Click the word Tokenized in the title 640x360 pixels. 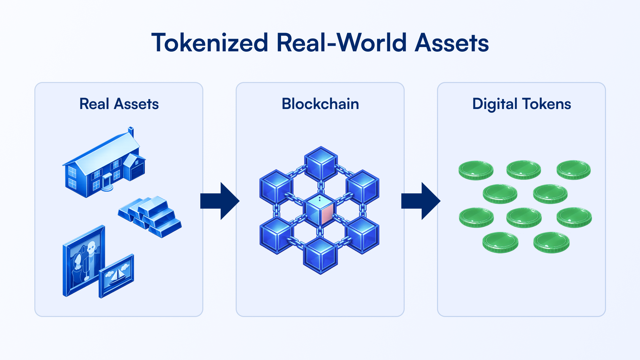pos(210,43)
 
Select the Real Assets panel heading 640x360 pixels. pos(119,104)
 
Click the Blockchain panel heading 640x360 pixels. pos(320,104)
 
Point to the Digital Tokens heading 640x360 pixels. pos(522,104)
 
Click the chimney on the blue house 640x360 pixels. pos(131,131)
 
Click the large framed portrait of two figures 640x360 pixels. pos(84,260)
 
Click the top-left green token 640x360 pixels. pos(476,170)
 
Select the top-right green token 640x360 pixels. pos(574,170)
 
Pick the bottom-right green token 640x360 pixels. pos(551,242)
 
